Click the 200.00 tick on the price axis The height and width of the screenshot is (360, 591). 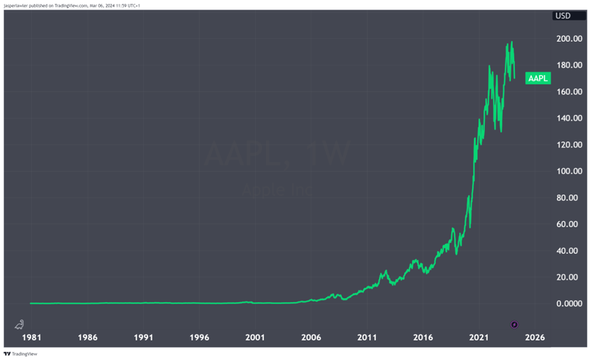tap(570, 39)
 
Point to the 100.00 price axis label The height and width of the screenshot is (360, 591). tap(570, 172)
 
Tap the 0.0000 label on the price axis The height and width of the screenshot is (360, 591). tap(570, 304)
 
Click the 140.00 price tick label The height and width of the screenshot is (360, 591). tap(570, 118)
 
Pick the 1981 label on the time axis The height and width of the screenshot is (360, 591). tap(31, 337)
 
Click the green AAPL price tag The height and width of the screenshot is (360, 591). tap(538, 78)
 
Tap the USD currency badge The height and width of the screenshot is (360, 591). tap(563, 16)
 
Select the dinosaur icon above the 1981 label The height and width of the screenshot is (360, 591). tap(20, 324)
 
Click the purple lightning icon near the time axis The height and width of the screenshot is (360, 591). tap(514, 325)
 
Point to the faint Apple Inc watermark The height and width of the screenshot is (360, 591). tap(277, 190)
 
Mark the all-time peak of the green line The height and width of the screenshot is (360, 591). tap(512, 42)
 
